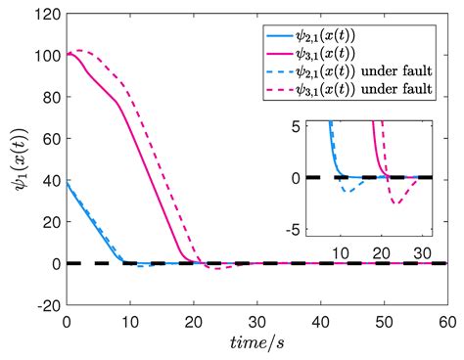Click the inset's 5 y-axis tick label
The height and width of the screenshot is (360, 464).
[298, 124]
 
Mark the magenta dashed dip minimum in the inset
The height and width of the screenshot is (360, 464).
[395, 202]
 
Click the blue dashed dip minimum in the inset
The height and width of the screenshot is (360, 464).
[348, 191]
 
